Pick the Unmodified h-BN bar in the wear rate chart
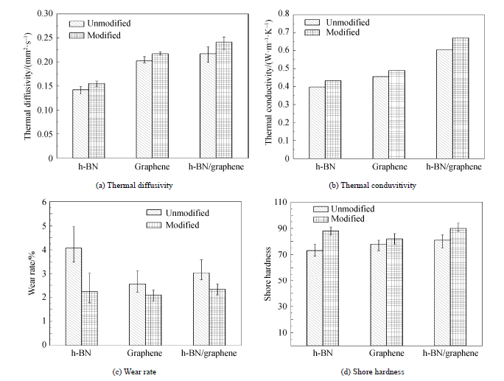point(73,296)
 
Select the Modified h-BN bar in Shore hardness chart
point(331,287)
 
